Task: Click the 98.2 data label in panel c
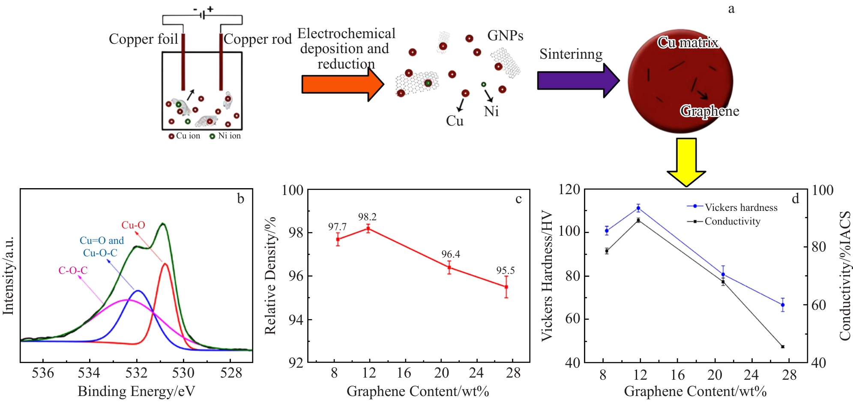click(x=367, y=217)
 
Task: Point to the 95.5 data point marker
click(x=506, y=287)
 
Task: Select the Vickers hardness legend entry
click(x=733, y=207)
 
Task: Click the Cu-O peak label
click(x=133, y=225)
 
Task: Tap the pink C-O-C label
click(x=73, y=270)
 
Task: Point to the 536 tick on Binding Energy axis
click(x=43, y=373)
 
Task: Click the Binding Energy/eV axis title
click(x=136, y=391)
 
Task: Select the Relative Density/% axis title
click(x=270, y=276)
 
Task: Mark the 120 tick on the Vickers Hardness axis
click(x=569, y=189)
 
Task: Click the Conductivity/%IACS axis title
click(x=845, y=276)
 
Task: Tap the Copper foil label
click(x=143, y=39)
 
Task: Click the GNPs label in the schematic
click(x=505, y=36)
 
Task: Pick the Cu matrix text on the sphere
click(x=688, y=42)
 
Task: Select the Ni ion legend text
click(x=229, y=136)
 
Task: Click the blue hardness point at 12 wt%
click(x=638, y=208)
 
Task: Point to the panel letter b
click(x=240, y=198)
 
